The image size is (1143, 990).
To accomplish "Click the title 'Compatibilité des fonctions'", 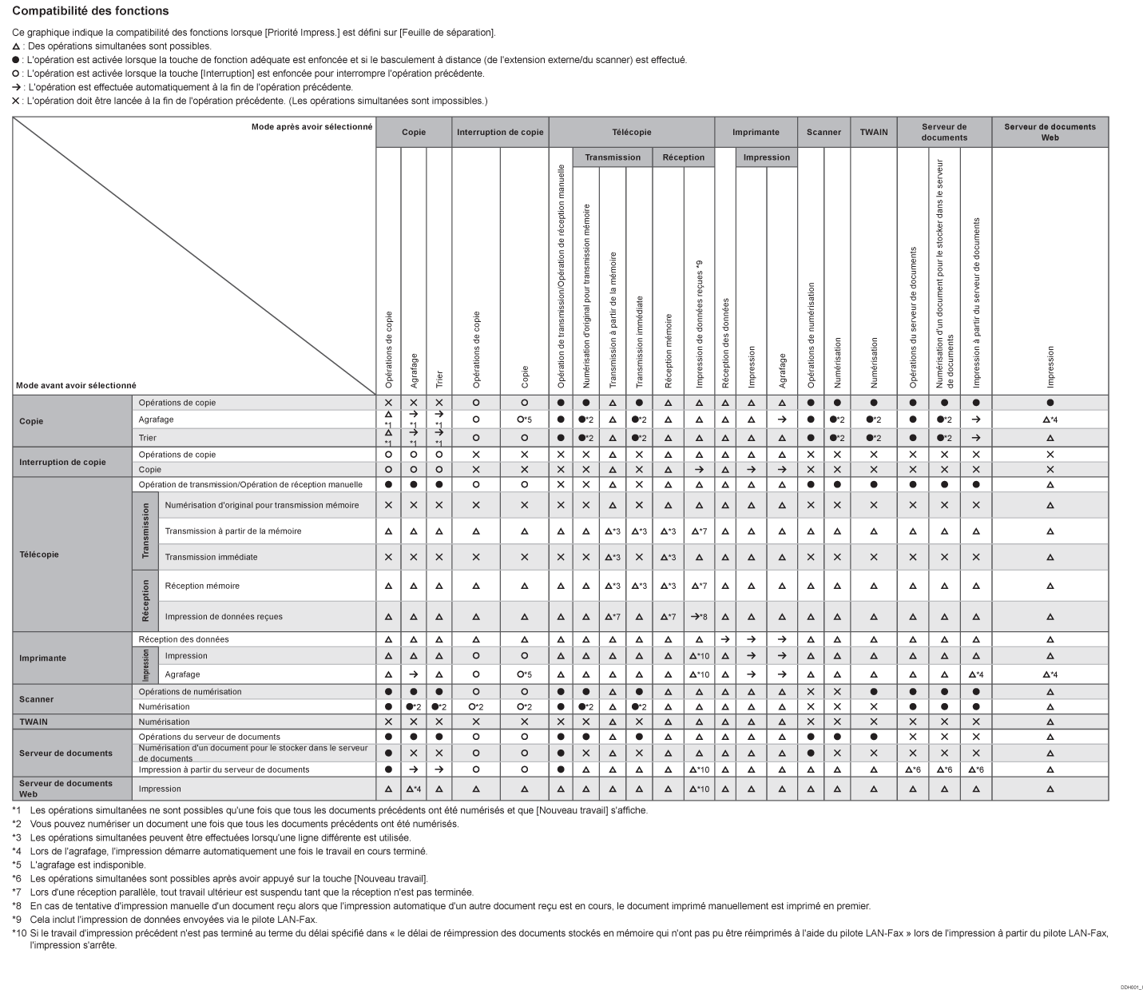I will point(90,11).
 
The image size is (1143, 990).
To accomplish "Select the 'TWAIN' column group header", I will point(873,132).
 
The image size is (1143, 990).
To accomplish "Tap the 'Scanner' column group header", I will point(824,132).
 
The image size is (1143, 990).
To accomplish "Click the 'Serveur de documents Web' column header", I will point(1050,132).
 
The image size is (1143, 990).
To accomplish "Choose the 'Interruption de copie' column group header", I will point(500,132).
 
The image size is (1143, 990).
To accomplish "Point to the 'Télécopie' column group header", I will point(631,132).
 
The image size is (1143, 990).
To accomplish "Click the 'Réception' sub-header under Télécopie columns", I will point(683,157).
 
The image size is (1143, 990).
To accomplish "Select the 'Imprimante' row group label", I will point(42,658).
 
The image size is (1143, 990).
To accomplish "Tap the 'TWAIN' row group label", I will point(34,722).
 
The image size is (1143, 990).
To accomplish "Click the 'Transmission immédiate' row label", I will point(211,557).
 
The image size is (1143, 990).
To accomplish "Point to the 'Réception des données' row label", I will point(184,639).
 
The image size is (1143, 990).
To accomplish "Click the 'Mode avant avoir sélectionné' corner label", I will point(76,385).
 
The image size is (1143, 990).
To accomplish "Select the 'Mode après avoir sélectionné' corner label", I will point(312,126).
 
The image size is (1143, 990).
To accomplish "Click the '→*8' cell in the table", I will point(699,617).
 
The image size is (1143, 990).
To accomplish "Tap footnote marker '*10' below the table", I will point(19,932).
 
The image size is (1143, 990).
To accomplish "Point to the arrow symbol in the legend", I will point(16,87).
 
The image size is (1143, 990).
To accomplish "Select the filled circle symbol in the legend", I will point(16,60).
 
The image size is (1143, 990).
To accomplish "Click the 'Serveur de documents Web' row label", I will point(65,789).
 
